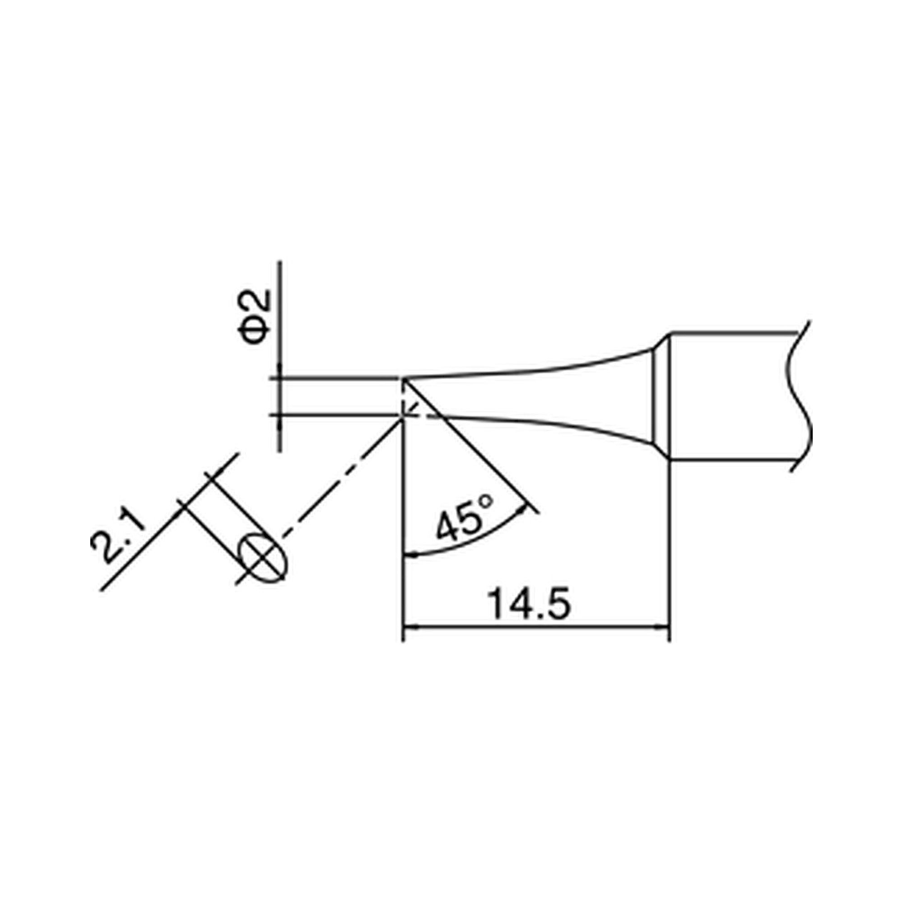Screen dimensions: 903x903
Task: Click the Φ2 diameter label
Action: tap(255, 317)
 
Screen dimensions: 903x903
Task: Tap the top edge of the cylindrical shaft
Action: tap(734, 332)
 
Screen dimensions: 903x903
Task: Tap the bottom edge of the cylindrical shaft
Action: tap(734, 461)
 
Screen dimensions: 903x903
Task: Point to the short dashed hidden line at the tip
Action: tap(411, 406)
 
